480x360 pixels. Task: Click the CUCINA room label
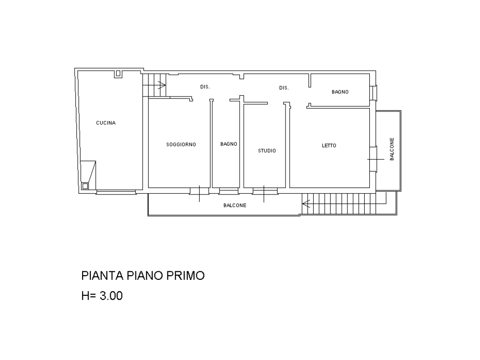(x=106, y=123)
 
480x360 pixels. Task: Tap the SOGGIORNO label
(x=181, y=144)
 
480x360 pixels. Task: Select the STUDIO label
(x=267, y=150)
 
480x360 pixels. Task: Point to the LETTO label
(x=329, y=146)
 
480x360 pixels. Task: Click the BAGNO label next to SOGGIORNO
(x=229, y=144)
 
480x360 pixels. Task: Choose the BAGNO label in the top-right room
(x=340, y=92)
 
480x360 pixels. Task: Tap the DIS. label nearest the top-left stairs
(x=205, y=87)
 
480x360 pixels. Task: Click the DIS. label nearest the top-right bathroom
(x=284, y=88)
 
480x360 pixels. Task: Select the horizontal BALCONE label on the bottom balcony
(x=235, y=205)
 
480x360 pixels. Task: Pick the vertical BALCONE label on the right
(x=392, y=149)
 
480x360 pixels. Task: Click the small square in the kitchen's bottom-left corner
(x=85, y=186)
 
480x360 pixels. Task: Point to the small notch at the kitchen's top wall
(x=118, y=74)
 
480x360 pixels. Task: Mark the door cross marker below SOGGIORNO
(x=199, y=194)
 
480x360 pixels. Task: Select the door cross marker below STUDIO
(x=264, y=194)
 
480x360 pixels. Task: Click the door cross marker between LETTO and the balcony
(x=375, y=159)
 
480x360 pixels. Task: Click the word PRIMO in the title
(x=186, y=276)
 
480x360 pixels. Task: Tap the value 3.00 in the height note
(x=111, y=296)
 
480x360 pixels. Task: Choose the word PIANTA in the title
(x=102, y=276)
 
